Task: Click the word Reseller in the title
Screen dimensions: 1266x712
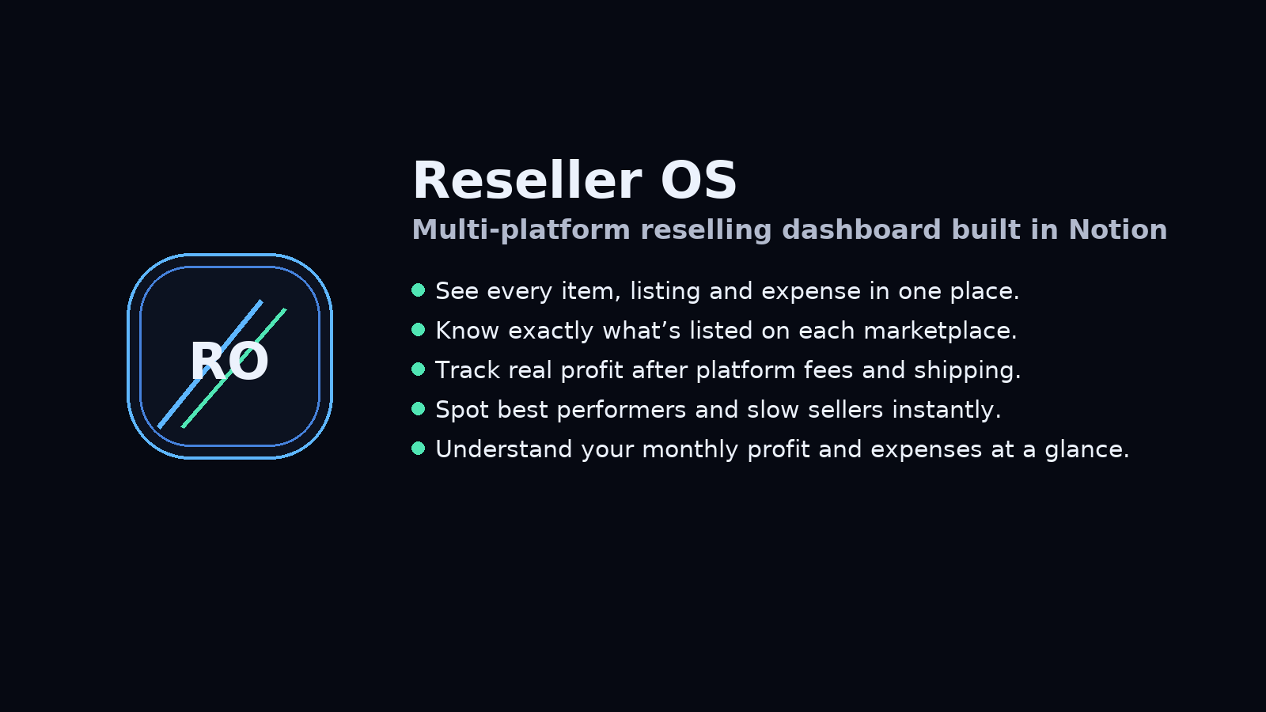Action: (x=527, y=180)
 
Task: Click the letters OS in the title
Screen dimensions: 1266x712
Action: (x=699, y=180)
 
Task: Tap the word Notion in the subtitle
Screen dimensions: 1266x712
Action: (x=1117, y=230)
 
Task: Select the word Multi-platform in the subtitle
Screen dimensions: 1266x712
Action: (x=521, y=231)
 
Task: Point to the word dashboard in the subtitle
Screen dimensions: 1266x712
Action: (x=862, y=230)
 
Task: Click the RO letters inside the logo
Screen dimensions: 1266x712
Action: (x=229, y=362)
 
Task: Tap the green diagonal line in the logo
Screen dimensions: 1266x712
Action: (x=234, y=369)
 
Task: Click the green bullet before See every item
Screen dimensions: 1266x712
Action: (x=419, y=290)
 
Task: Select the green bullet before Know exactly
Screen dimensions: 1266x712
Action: (x=419, y=330)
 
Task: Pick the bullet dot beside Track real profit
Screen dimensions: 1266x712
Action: (x=419, y=369)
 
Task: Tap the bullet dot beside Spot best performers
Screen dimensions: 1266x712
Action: (x=419, y=409)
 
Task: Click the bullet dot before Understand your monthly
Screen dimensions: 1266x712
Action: (x=419, y=449)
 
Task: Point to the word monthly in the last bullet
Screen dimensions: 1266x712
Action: (x=690, y=450)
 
